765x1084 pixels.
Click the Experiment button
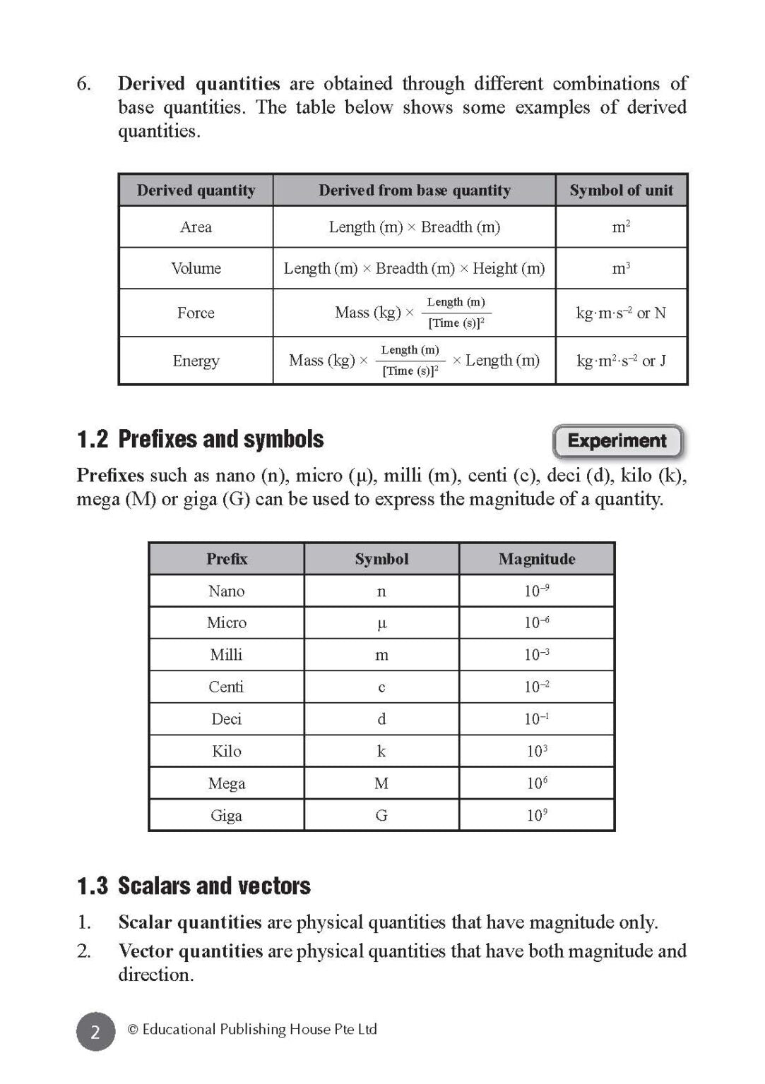[617, 441]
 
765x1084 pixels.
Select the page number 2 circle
[95, 1031]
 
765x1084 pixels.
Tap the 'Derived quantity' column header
[196, 191]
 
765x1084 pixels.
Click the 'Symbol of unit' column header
[621, 191]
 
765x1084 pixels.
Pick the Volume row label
[196, 268]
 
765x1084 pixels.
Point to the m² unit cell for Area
[621, 227]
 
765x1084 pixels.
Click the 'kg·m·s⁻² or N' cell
[621, 313]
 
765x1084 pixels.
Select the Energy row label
[196, 361]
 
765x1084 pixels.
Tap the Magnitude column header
[537, 559]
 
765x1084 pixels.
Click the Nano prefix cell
[226, 591]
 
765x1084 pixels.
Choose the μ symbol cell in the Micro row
[381, 623]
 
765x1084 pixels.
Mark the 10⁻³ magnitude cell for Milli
[537, 655]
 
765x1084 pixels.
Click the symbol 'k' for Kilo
[381, 751]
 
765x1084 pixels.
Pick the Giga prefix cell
[226, 815]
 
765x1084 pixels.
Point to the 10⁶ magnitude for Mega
[537, 783]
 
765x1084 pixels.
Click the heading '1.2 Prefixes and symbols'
[200, 440]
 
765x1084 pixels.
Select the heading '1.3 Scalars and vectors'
[194, 886]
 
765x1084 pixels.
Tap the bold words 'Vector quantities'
[190, 951]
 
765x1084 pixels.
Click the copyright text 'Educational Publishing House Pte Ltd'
[259, 1030]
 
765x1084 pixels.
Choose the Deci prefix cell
[226, 719]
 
